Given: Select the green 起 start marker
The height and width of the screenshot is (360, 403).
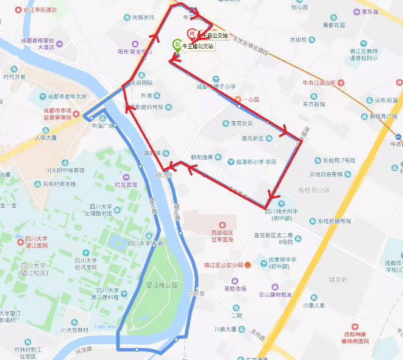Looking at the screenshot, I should coord(177,44).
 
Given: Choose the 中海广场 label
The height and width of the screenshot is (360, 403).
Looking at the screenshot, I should coord(103,125).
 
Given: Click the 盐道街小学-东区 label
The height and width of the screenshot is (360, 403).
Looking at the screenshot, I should coord(252,161).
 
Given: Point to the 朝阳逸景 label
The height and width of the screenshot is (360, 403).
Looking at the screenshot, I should coord(202,157).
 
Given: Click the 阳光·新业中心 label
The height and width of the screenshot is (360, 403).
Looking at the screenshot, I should coord(135,51).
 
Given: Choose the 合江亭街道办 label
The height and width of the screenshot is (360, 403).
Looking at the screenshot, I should coord(39,10).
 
